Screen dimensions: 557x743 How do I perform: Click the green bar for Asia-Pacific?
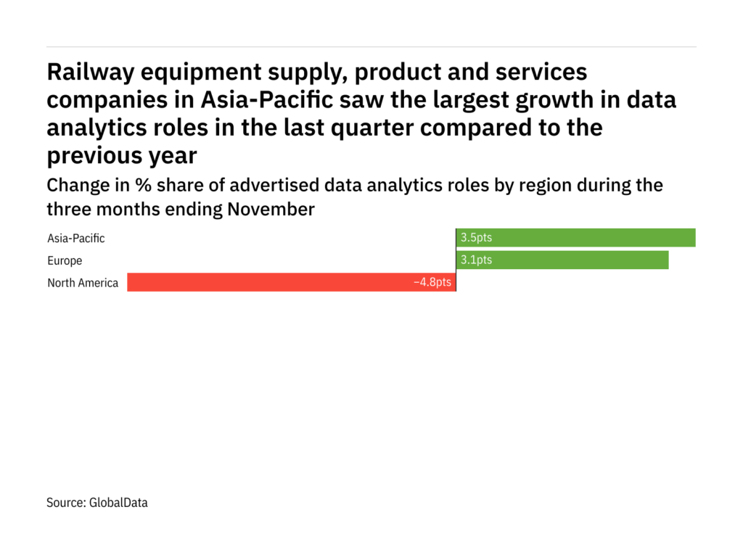pyautogui.click(x=575, y=238)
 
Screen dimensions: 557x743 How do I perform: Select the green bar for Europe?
pyautogui.click(x=562, y=260)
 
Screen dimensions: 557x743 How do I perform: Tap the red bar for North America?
pyautogui.click(x=291, y=283)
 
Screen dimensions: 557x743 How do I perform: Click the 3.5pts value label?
pyautogui.click(x=476, y=238)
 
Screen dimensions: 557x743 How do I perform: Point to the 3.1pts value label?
pyautogui.click(x=476, y=260)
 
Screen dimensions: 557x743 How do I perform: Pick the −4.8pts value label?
pyautogui.click(x=432, y=283)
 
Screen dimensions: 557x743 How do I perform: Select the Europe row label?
pyautogui.click(x=65, y=260)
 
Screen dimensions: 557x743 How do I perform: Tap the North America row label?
pyautogui.click(x=83, y=283)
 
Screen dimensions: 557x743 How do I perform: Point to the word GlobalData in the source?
pyautogui.click(x=118, y=502)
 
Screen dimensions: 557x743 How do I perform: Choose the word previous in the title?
pyautogui.click(x=95, y=155)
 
